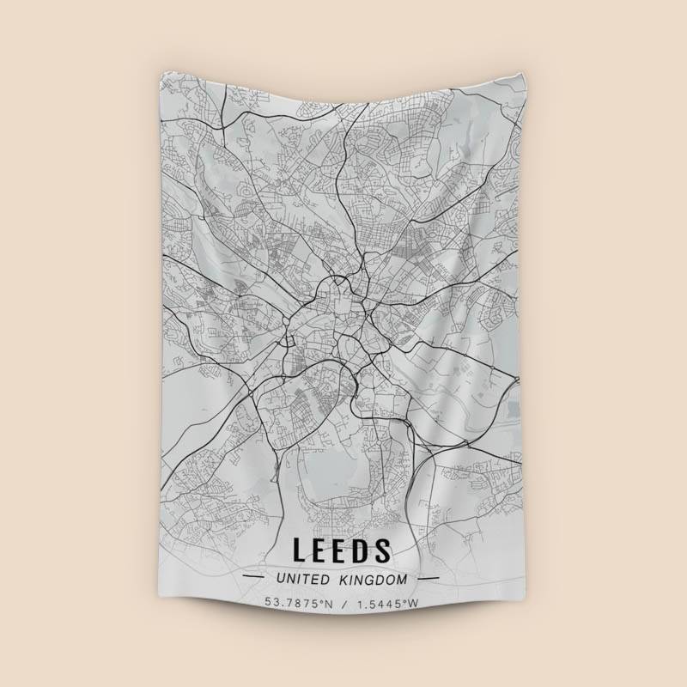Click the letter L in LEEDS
point(301,550)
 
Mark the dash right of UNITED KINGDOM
point(428,579)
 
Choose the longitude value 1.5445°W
point(386,603)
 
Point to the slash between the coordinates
point(343,603)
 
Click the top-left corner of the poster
point(161,72)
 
